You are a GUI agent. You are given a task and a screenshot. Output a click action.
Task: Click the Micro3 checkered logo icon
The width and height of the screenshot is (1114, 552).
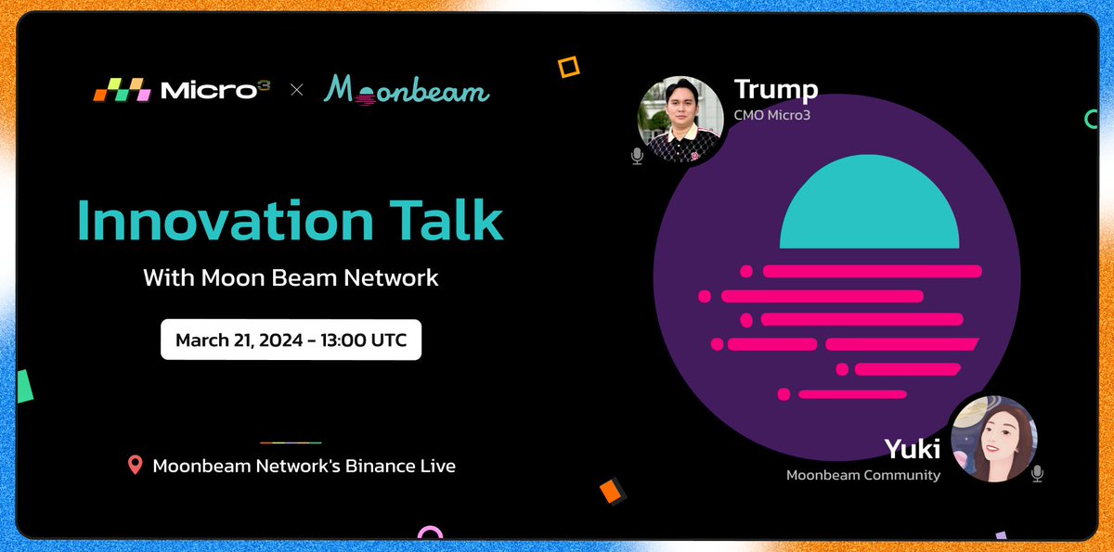point(123,90)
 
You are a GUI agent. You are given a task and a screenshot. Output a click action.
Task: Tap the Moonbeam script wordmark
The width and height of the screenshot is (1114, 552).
point(407,90)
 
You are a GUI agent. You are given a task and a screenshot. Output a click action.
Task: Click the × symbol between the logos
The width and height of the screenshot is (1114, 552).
point(297,90)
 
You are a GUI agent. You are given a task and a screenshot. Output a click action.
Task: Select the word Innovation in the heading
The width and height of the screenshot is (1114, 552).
point(226,220)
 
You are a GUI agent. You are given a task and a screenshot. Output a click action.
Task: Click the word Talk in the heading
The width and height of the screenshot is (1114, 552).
point(447,219)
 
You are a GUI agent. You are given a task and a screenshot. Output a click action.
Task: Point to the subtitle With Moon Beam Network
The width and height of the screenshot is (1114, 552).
point(291,277)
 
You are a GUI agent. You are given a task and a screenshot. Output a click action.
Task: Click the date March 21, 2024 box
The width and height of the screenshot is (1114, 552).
point(291,340)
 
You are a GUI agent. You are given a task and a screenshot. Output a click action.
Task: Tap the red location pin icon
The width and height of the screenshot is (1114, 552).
point(136,465)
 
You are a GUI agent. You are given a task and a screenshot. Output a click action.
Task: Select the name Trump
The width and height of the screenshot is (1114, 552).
point(776,89)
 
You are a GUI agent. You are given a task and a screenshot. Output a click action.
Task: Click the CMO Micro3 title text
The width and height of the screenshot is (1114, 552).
point(772,115)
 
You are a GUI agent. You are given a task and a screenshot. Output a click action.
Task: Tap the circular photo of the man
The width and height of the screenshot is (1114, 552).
point(680,120)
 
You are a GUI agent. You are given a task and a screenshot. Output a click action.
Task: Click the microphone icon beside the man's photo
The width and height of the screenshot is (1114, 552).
point(637,157)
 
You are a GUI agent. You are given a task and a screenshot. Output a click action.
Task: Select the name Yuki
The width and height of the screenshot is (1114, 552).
point(912,449)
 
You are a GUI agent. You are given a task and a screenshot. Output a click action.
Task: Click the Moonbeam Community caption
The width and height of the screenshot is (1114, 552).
point(863,475)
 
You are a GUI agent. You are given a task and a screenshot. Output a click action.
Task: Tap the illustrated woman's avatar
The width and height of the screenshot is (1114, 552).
point(994,439)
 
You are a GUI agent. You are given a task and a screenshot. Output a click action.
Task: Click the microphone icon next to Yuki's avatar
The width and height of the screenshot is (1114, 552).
point(1038,474)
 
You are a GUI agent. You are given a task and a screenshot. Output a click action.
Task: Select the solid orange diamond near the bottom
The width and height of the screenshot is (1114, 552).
point(611,492)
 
